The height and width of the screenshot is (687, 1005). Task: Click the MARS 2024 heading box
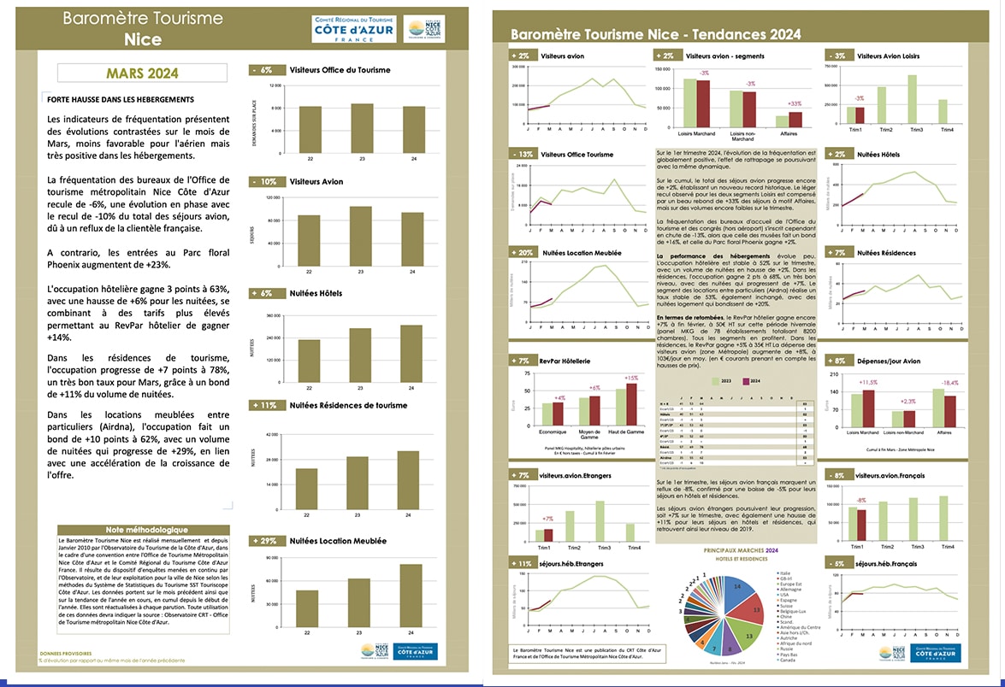[143, 73]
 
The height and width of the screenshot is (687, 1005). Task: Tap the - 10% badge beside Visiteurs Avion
[265, 181]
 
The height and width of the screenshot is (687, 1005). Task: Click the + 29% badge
[265, 541]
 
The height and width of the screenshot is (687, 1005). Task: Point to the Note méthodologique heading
[142, 530]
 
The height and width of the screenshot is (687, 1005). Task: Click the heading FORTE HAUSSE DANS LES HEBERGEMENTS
[121, 99]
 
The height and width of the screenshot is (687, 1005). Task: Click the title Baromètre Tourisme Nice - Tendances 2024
[656, 34]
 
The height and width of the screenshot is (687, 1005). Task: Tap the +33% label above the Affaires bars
[795, 103]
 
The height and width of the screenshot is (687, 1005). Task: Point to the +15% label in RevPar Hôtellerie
[631, 378]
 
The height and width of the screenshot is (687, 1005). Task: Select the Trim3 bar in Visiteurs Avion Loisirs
[913, 100]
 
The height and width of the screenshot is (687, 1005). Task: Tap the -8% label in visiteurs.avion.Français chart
[861, 501]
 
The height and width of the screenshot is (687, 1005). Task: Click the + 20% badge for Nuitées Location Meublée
[523, 253]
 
